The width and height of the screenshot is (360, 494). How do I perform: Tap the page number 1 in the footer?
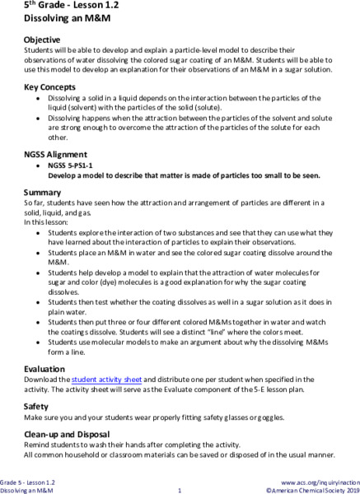coord(180,489)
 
